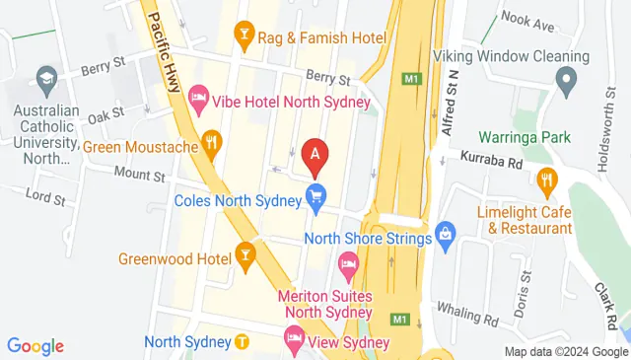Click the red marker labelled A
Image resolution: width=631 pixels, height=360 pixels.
pyautogui.click(x=315, y=154)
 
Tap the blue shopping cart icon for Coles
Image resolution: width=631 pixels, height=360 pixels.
pyautogui.click(x=315, y=197)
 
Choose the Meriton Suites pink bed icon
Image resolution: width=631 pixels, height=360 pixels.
pyautogui.click(x=348, y=263)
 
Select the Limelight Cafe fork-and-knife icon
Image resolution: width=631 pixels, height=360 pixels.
pyautogui.click(x=547, y=180)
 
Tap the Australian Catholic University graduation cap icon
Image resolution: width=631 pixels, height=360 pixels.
pyautogui.click(x=45, y=77)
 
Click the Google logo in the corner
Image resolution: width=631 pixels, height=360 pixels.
pyautogui.click(x=35, y=345)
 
